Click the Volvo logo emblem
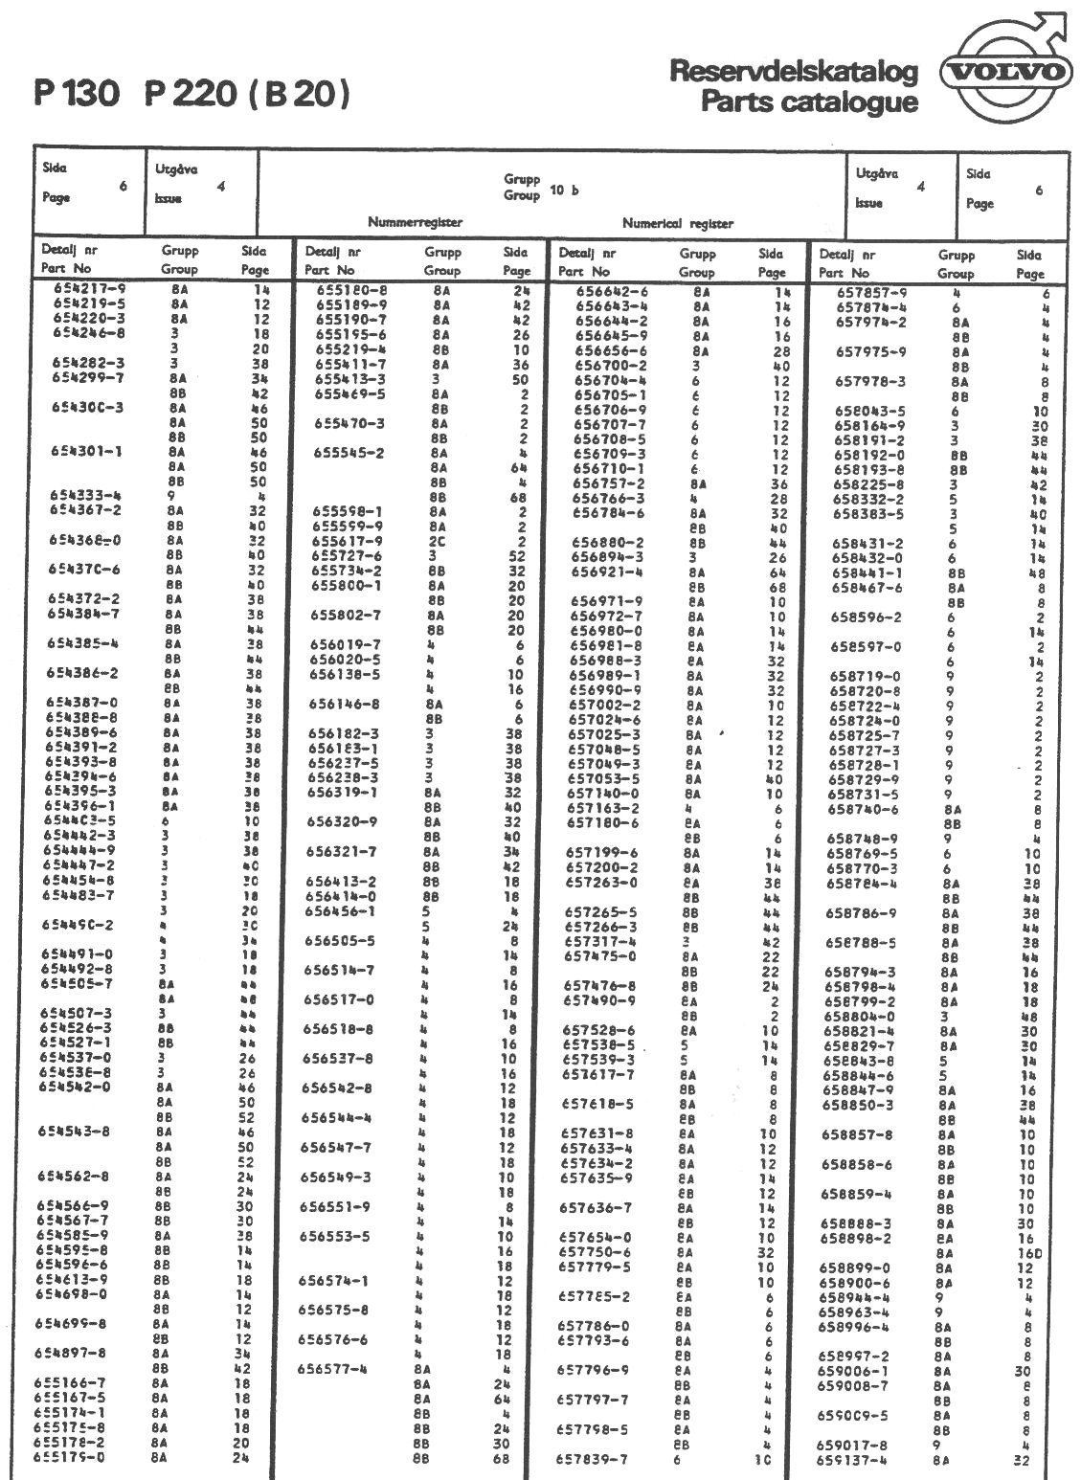pyautogui.click(x=1005, y=72)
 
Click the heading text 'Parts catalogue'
pyautogui.click(x=809, y=101)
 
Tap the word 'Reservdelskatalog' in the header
pyautogui.click(x=794, y=72)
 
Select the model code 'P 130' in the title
pyautogui.click(x=77, y=95)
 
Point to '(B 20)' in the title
pyautogui.click(x=299, y=95)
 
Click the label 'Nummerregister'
pyautogui.click(x=415, y=222)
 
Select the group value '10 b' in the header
pyautogui.click(x=565, y=190)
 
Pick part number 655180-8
pyautogui.click(x=351, y=290)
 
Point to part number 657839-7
pyautogui.click(x=593, y=1459)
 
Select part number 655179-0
pyautogui.click(x=70, y=1457)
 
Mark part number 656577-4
pyautogui.click(x=332, y=1369)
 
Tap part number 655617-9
pyautogui.click(x=349, y=541)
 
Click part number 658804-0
pyautogui.click(x=860, y=1017)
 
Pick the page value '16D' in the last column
pyautogui.click(x=1028, y=1253)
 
